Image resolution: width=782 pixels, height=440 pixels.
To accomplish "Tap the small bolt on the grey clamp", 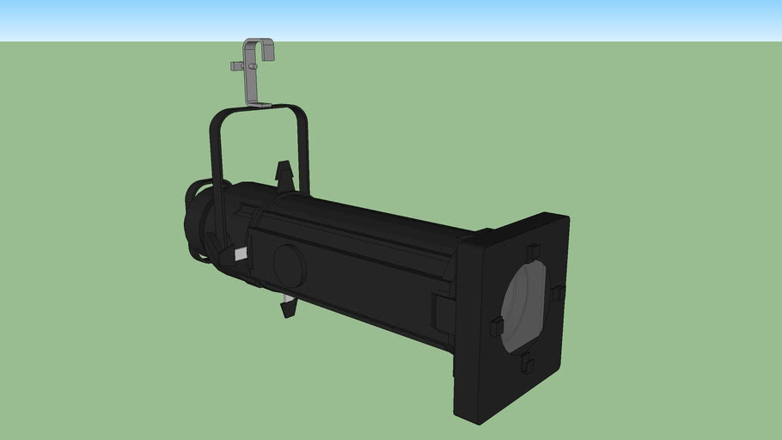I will pyautogui.click(x=237, y=66).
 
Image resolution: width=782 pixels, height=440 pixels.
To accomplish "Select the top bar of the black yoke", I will pyautogui.click(x=258, y=110).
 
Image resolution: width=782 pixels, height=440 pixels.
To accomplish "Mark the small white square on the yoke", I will pyautogui.click(x=241, y=254).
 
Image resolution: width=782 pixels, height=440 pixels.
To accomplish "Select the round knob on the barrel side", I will pyautogui.click(x=289, y=265).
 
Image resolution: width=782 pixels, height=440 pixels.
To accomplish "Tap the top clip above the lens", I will pyautogui.click(x=531, y=252).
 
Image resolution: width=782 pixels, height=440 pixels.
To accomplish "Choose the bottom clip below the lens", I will pyautogui.click(x=526, y=364).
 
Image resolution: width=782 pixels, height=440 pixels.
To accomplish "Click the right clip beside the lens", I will pyautogui.click(x=558, y=293).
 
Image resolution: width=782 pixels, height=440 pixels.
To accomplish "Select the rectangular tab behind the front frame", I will pyautogui.click(x=443, y=311).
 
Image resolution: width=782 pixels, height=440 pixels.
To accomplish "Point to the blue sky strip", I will pyautogui.click(x=391, y=20).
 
